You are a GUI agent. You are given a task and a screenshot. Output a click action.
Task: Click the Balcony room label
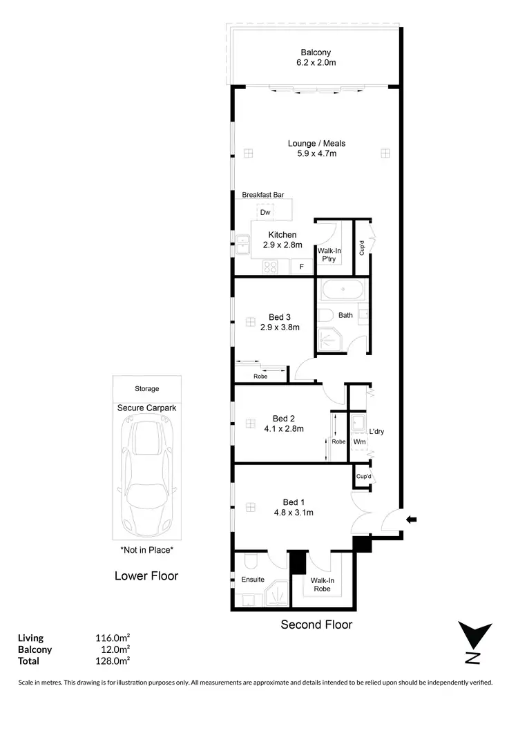[316, 53]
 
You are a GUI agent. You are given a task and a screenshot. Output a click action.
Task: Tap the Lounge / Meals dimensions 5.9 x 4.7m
[316, 154]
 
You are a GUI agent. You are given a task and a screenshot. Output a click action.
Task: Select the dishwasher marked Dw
[265, 213]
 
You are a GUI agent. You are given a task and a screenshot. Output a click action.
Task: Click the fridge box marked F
[301, 266]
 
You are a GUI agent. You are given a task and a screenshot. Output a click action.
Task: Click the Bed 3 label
[279, 317]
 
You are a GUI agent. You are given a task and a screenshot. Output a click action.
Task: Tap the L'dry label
[376, 432]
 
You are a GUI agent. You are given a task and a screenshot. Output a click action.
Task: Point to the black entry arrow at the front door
[412, 520]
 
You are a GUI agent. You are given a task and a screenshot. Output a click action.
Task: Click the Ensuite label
[253, 579]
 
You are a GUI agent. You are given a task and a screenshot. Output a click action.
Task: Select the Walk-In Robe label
[321, 584]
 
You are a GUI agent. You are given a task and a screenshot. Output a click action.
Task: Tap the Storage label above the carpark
[146, 389]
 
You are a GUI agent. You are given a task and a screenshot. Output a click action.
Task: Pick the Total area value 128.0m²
[113, 661]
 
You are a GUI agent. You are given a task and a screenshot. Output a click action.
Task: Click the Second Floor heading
[316, 625]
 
